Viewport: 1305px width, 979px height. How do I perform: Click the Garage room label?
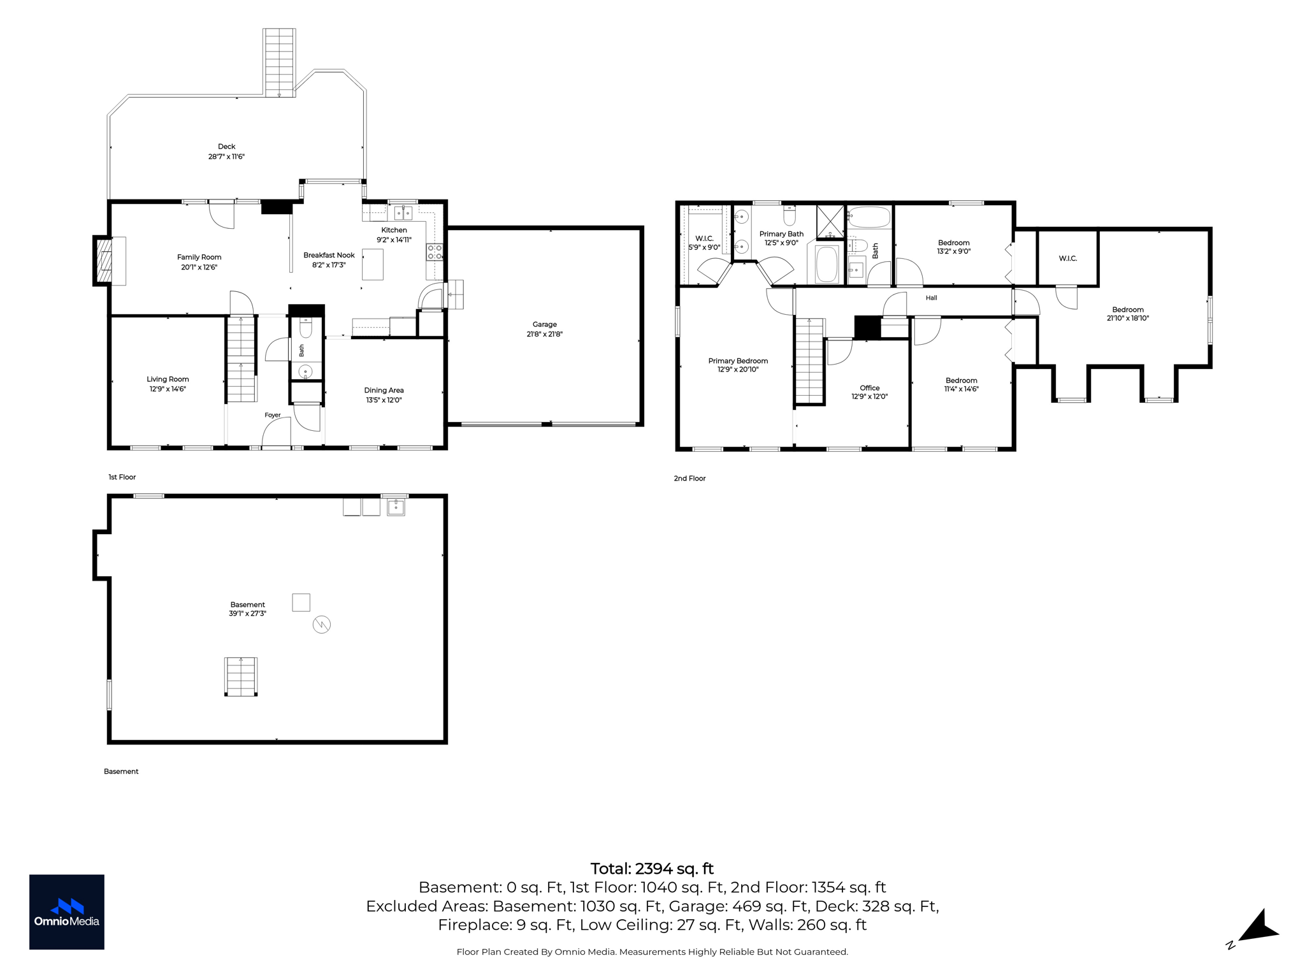[544, 324]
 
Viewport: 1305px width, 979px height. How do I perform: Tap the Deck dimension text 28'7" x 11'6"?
[226, 156]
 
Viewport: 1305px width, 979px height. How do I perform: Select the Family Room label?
[199, 257]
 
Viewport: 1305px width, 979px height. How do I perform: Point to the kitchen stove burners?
[435, 252]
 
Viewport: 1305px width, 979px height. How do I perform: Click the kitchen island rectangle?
[373, 265]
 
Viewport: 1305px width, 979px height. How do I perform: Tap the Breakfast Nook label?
[329, 255]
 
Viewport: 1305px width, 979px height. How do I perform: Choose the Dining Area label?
[384, 390]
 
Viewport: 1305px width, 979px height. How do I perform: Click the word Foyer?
[273, 415]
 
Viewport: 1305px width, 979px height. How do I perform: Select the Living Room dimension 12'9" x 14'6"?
[168, 389]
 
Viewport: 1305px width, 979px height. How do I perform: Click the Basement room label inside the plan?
[247, 604]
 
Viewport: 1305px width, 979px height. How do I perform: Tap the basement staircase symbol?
[241, 677]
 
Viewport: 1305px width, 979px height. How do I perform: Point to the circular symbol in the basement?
[322, 625]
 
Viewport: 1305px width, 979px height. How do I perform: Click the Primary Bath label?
[781, 234]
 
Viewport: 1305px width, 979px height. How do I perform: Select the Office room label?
[869, 388]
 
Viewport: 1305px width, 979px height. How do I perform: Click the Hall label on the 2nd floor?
[932, 298]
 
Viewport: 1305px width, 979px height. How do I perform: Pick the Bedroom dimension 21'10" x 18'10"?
[1128, 318]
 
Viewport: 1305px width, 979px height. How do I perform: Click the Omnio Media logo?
[67, 912]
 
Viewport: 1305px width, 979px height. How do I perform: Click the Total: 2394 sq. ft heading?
[652, 869]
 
